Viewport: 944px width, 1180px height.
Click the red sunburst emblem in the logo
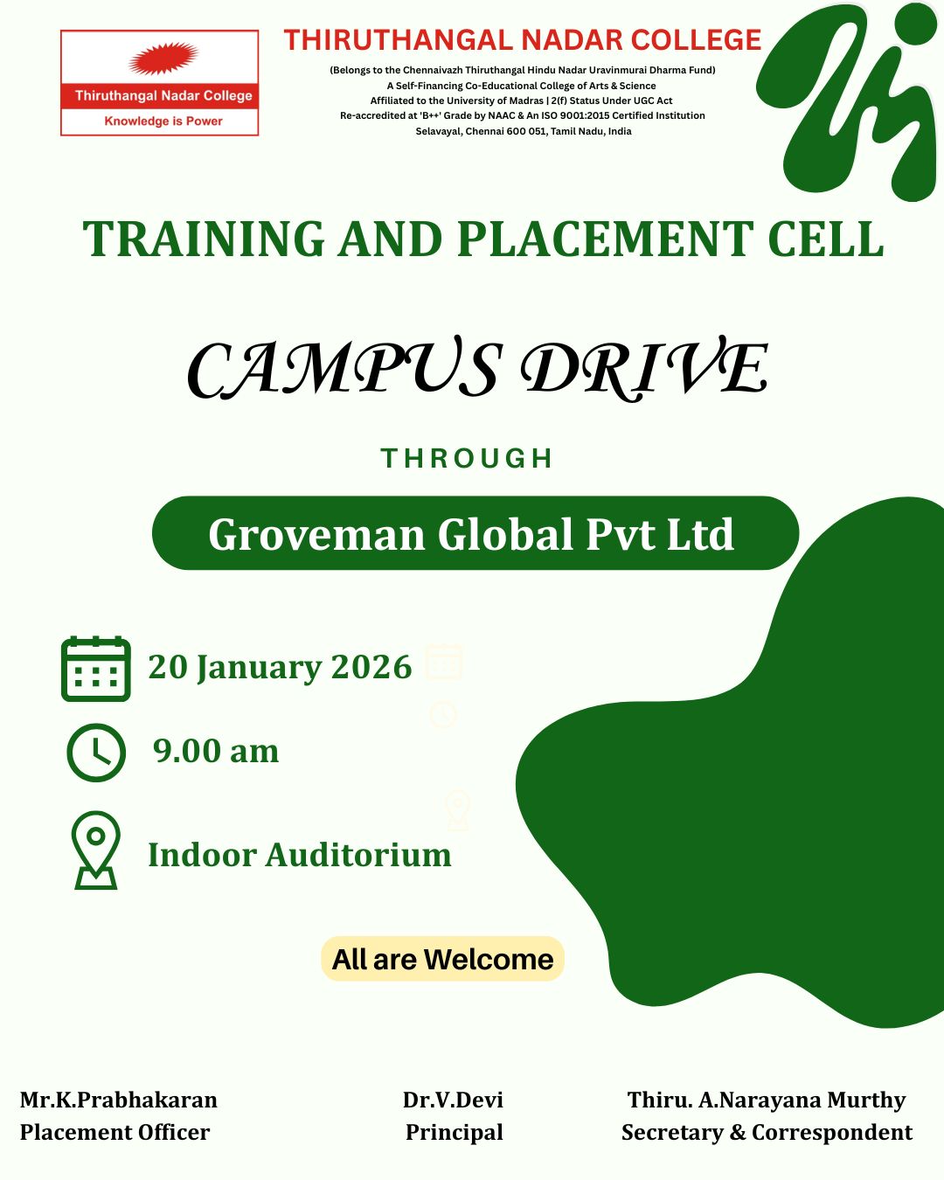163,58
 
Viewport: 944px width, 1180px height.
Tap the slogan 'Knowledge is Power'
163,121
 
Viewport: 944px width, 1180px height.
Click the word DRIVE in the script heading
644,367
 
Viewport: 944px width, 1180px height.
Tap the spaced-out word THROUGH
467,458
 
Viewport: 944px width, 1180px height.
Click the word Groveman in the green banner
316,534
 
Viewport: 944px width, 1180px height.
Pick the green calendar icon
96,669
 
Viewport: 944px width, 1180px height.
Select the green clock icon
96,753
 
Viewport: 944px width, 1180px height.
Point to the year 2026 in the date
371,667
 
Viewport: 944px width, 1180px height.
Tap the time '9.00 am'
216,751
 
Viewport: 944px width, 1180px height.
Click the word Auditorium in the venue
358,855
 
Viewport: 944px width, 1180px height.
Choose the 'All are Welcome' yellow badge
442,960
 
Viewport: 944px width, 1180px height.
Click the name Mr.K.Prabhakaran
119,1100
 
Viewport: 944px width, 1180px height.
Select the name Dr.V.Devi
453,1100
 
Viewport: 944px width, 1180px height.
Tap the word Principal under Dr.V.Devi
455,1132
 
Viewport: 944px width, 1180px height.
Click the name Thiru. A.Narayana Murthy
767,1100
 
